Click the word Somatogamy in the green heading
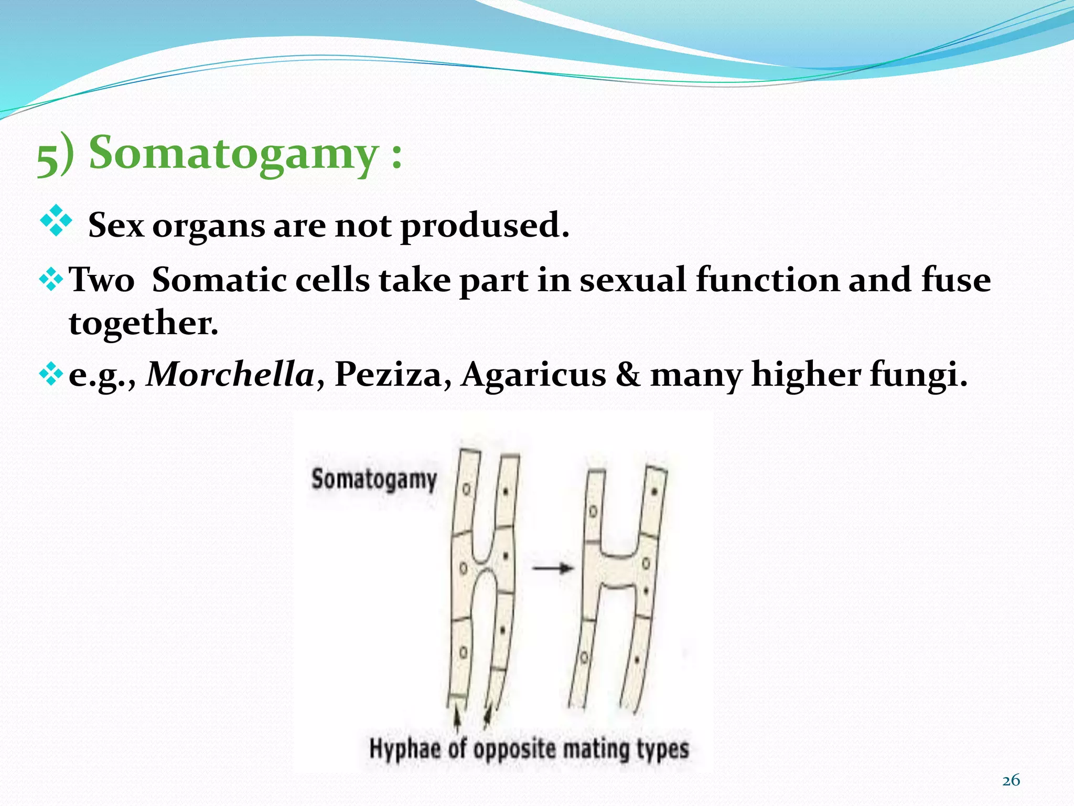click(x=233, y=153)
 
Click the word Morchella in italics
click(x=230, y=375)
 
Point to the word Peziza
click(x=388, y=375)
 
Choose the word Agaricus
click(x=533, y=375)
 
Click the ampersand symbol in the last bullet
click(x=628, y=375)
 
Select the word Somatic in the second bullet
click(x=219, y=279)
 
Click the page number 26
click(x=1011, y=780)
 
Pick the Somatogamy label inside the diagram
click(x=374, y=480)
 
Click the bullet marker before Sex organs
click(x=56, y=220)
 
